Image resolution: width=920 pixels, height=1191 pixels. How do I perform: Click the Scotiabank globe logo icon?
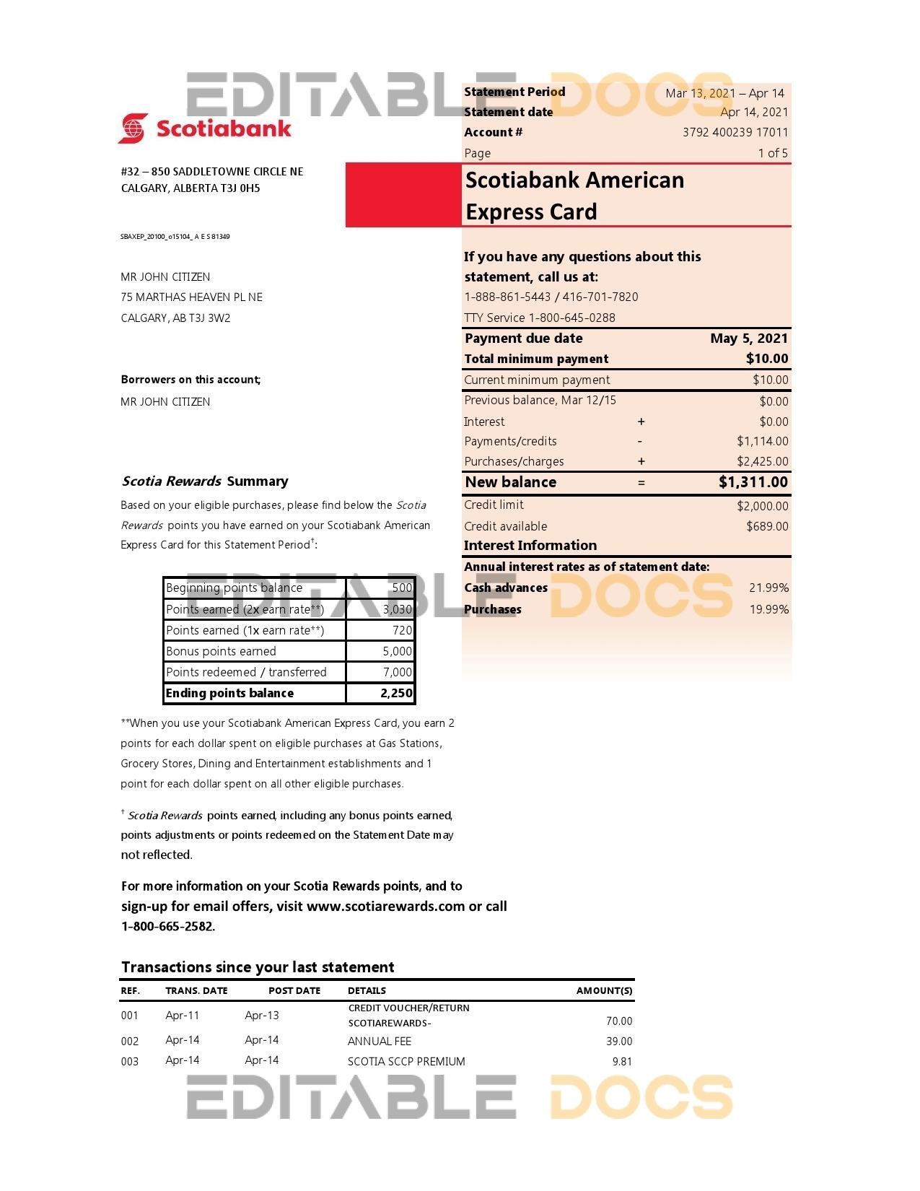(133, 128)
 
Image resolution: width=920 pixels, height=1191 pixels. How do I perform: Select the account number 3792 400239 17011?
(735, 132)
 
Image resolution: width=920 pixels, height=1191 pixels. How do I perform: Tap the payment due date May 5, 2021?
(748, 339)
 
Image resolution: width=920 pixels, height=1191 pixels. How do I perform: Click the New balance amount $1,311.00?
(753, 482)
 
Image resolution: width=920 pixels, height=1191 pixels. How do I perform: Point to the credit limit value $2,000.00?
(762, 506)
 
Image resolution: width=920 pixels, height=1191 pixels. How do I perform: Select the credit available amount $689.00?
(766, 526)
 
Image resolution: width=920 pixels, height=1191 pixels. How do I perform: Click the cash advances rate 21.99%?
(768, 588)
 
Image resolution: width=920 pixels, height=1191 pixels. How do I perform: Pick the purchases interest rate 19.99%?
(768, 609)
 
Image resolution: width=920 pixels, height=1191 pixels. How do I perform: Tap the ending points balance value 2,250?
(396, 693)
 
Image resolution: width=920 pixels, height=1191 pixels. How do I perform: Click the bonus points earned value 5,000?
(397, 651)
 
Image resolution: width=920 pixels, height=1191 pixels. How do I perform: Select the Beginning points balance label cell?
(235, 588)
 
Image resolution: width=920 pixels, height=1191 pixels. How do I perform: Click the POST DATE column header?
(294, 990)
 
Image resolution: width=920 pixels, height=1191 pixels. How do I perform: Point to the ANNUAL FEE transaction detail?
(380, 1041)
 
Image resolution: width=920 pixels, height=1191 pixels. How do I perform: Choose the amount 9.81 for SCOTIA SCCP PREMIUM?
(621, 1061)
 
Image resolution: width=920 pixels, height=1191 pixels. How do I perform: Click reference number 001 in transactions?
(130, 1016)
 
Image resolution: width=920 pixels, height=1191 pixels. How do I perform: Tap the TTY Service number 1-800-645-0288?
(571, 318)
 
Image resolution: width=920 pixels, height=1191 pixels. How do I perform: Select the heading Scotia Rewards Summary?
(205, 481)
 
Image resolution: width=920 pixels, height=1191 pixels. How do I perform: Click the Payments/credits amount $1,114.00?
(762, 441)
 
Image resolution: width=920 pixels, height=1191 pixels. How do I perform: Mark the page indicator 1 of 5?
(772, 153)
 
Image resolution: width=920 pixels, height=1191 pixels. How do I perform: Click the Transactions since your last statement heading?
(258, 967)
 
